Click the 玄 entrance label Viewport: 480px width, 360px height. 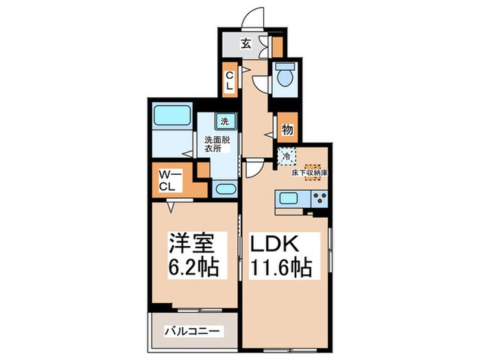click(245, 43)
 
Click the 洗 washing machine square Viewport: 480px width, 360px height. click(224, 122)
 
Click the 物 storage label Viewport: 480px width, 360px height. click(288, 128)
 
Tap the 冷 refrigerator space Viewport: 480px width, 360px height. click(287, 157)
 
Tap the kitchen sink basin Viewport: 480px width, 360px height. click(287, 200)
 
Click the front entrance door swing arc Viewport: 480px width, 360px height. click(255, 17)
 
